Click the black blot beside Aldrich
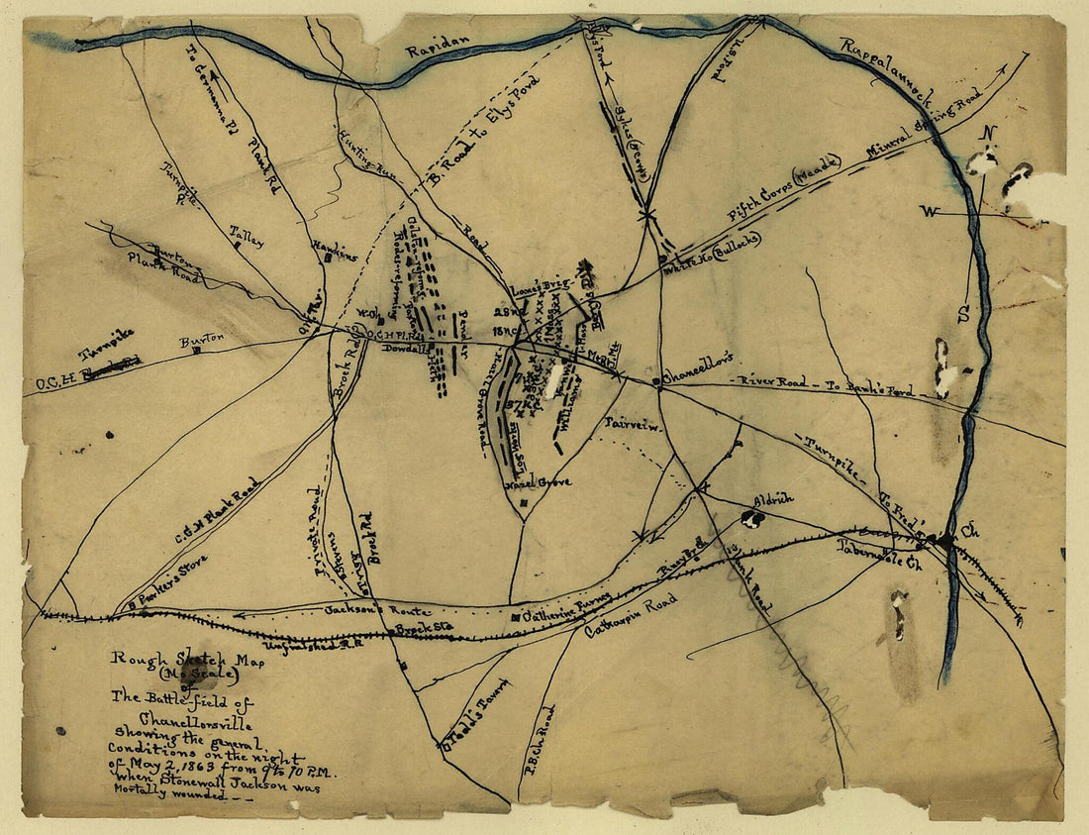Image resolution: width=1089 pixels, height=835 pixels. point(751,518)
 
